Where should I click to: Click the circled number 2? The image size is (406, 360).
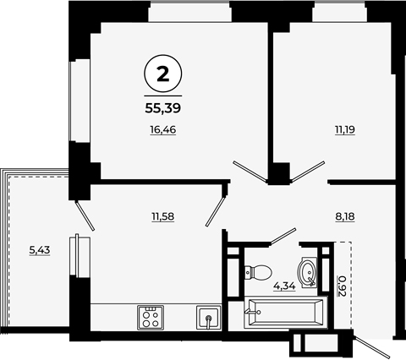coord(163,74)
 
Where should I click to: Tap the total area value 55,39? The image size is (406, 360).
coord(163,108)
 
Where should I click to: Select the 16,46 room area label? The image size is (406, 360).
coord(163,130)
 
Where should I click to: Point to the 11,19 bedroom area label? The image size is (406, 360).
coord(345,130)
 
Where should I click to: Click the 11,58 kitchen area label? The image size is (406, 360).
coord(163,216)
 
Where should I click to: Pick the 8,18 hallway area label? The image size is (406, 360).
coord(345,216)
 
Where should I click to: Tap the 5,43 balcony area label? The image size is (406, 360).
coord(40,250)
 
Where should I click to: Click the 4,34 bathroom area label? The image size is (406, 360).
coord(284,286)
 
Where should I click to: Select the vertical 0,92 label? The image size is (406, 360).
coord(342,286)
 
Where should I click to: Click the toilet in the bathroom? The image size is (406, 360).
coord(258,273)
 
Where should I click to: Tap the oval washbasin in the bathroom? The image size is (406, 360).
coord(307,273)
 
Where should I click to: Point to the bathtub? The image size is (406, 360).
coord(286,312)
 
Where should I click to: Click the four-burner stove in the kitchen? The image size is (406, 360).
coord(151,318)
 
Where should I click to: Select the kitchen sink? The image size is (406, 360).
coord(209,318)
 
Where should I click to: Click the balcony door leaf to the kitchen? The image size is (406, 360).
coord(85,215)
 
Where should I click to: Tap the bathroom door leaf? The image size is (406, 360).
coord(283,235)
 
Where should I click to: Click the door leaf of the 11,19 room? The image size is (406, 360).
coord(307,171)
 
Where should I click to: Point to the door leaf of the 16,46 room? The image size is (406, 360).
coord(250,171)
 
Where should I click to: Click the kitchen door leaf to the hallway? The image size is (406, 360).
coord(216,211)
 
